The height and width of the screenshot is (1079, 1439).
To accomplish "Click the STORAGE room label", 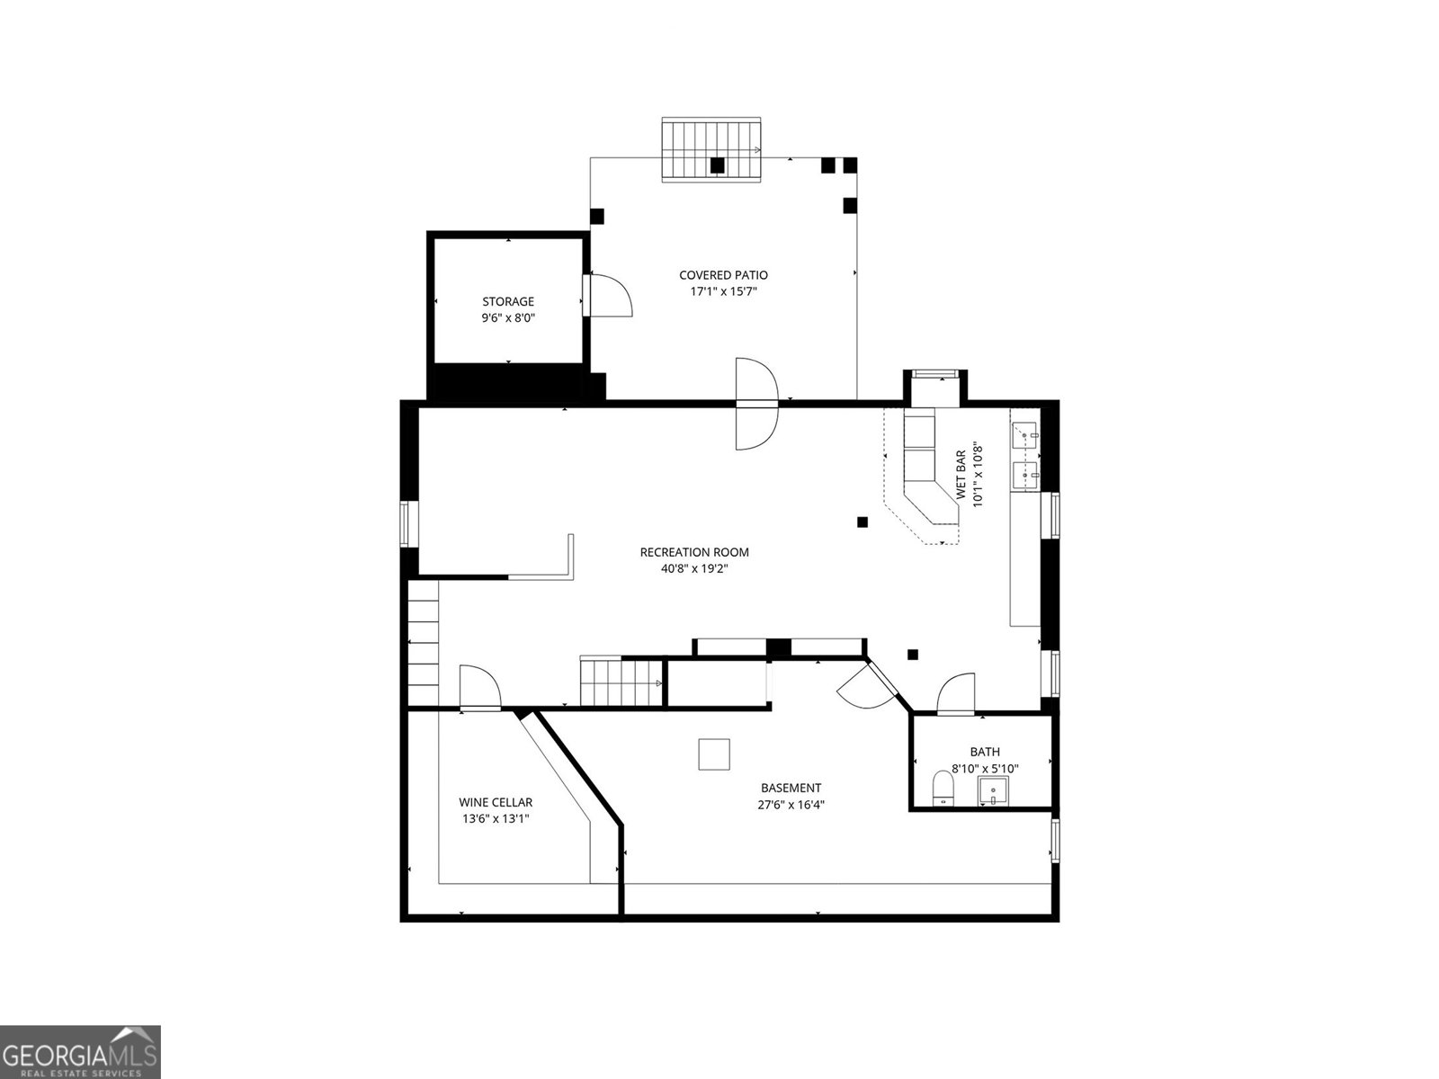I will click(x=507, y=302).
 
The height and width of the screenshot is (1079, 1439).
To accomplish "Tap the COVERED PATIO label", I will click(x=723, y=275).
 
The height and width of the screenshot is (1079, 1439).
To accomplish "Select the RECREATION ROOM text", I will click(x=693, y=552).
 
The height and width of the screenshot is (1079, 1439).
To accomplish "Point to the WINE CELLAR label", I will click(x=496, y=802).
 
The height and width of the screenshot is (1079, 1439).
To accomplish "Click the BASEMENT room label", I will click(x=791, y=788).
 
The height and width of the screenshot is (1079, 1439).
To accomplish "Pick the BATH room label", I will click(x=984, y=752).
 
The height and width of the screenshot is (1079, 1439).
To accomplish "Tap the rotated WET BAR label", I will click(x=961, y=475).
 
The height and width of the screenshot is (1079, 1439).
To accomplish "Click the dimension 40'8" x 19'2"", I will click(x=693, y=568).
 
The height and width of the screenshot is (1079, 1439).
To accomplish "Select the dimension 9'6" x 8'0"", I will click(x=507, y=317).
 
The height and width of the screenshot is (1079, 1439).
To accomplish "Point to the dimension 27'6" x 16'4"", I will click(x=791, y=805).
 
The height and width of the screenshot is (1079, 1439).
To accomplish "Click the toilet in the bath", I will click(x=943, y=787).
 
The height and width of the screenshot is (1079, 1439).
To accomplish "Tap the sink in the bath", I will click(x=994, y=791).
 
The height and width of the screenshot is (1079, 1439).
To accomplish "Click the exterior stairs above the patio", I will click(x=712, y=149).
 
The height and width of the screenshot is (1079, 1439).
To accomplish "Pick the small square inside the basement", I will click(x=714, y=754).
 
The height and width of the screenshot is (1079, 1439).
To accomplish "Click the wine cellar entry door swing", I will click(x=479, y=688).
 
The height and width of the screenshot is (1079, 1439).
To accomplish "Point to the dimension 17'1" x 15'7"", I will click(x=723, y=291).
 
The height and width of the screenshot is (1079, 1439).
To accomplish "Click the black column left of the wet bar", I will click(x=863, y=522).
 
